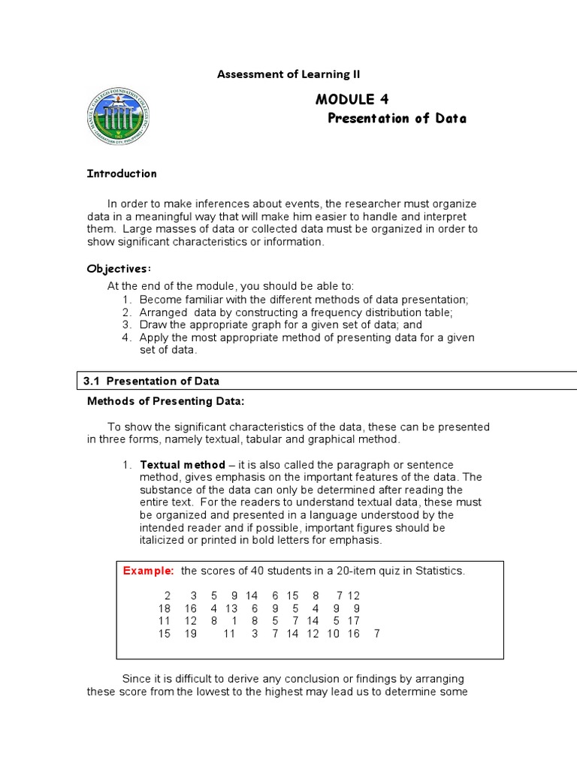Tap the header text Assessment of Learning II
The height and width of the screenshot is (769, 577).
[288, 74]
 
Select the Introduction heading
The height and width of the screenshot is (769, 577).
[122, 173]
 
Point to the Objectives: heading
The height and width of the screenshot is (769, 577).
[119, 268]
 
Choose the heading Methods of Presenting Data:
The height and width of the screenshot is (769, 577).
[166, 401]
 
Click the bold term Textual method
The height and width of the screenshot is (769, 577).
[183, 465]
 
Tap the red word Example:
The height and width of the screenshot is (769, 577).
[149, 571]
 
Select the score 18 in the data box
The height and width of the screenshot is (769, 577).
[165, 608]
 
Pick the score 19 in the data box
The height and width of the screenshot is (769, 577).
[190, 634]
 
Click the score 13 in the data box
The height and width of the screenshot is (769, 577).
[231, 608]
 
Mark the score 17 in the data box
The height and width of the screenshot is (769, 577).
[353, 621]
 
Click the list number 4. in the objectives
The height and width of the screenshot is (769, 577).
[127, 337]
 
